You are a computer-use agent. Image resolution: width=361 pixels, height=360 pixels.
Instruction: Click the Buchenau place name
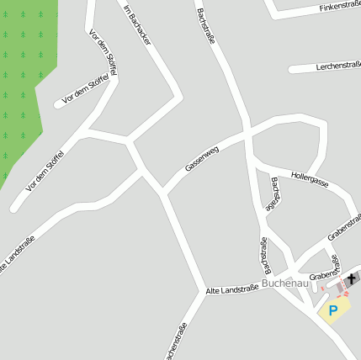[285, 283]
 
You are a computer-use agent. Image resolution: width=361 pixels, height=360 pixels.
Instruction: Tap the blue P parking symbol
[334, 310]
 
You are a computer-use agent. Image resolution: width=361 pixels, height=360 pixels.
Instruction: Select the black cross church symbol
[351, 278]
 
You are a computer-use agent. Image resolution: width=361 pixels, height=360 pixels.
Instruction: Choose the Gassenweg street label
[202, 158]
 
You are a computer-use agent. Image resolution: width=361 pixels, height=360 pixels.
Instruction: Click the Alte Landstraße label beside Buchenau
[231, 289]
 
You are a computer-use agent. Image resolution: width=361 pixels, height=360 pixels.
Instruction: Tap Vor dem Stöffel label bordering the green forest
[45, 165]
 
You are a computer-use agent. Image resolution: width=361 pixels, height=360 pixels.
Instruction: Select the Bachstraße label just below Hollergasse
[274, 193]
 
